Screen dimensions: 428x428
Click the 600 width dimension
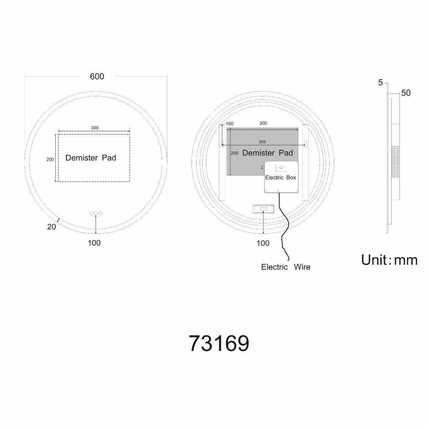click(x=97, y=76)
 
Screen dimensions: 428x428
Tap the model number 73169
click(x=219, y=343)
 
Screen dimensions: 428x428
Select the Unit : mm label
click(x=389, y=260)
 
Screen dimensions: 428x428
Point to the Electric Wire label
click(x=286, y=267)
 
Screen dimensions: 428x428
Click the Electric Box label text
click(x=280, y=177)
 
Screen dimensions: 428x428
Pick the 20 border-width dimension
click(x=52, y=226)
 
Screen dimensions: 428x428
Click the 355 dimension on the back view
click(x=262, y=142)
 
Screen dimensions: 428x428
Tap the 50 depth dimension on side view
click(x=406, y=93)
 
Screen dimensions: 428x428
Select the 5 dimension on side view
click(x=380, y=83)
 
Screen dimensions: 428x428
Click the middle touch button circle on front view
click(x=96, y=213)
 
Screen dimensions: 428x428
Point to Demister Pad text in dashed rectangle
click(x=91, y=158)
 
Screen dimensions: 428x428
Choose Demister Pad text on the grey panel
click(x=267, y=153)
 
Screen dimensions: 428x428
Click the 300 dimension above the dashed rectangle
click(x=95, y=128)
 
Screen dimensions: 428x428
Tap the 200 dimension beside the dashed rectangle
click(x=50, y=159)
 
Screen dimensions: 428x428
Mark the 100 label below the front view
click(x=94, y=243)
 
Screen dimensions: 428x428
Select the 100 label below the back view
click(x=263, y=243)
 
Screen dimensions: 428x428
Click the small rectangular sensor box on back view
click(x=263, y=209)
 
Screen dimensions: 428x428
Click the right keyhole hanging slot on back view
click(x=305, y=144)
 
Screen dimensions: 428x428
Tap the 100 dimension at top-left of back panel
click(x=229, y=124)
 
